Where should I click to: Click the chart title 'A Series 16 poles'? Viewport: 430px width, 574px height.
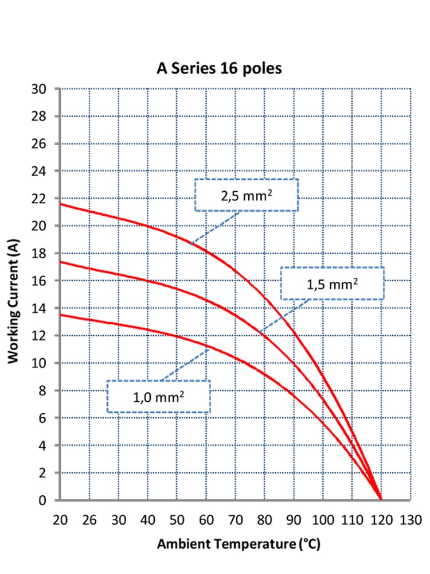coord(220,69)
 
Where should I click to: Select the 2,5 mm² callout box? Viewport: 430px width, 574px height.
coord(247,195)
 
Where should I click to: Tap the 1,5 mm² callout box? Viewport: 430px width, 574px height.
coord(332,283)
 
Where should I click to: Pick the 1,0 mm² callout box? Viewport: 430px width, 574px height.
coord(158,396)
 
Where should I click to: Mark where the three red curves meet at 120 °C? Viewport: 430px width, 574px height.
coord(381,499)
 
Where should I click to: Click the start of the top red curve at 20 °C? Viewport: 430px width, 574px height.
coord(60,204)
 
